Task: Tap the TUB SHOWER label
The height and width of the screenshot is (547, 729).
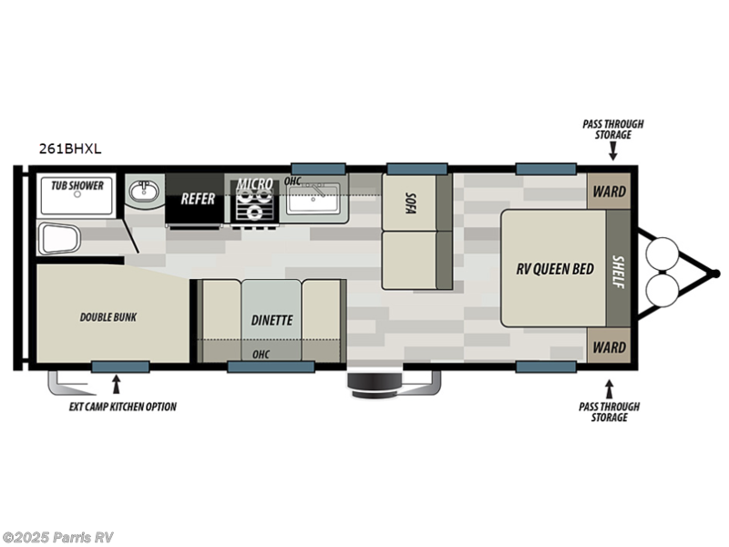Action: coord(77,186)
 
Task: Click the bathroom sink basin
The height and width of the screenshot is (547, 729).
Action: coord(143,192)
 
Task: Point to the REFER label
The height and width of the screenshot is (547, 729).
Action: coord(197,197)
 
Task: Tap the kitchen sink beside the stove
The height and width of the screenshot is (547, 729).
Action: coord(314,198)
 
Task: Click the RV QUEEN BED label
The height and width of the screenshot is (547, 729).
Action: coord(555,269)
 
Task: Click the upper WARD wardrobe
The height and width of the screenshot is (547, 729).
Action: coord(609,192)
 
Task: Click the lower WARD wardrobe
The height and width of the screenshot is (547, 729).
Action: coord(609,347)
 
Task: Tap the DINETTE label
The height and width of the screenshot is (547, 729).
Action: coord(272,320)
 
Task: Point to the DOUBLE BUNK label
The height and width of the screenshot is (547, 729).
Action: coord(108,317)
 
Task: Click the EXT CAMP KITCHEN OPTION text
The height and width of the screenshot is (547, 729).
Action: coord(122,407)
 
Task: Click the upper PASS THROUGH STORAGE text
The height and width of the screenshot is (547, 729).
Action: coord(607,129)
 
